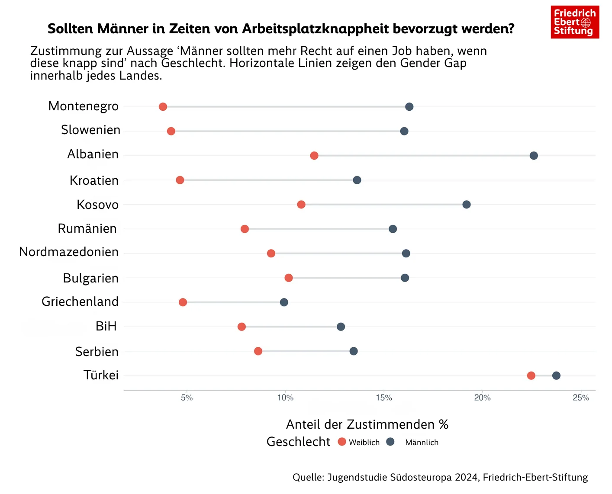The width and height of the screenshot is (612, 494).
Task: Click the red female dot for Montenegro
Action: [x=163, y=107]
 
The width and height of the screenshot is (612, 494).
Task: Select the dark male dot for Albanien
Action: [x=534, y=156]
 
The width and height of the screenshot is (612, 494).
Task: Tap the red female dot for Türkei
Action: [x=531, y=375]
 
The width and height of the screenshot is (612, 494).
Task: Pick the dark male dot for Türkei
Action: [x=556, y=375]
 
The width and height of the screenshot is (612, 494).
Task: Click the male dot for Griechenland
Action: [x=284, y=302]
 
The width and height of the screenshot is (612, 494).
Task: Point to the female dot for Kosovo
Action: [x=301, y=205]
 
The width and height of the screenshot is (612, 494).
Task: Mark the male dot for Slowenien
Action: [x=404, y=131]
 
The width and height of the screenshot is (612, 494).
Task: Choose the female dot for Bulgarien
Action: [x=289, y=278]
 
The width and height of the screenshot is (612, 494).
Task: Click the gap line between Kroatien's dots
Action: [x=268, y=180]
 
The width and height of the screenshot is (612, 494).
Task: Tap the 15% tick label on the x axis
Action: [x=384, y=398]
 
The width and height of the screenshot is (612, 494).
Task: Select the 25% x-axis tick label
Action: [x=581, y=398]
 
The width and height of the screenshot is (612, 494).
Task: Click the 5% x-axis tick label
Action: [x=187, y=398]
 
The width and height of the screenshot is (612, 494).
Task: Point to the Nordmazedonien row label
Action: [x=69, y=252]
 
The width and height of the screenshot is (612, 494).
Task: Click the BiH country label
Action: [x=106, y=326]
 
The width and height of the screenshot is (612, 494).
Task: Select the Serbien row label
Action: [x=97, y=352]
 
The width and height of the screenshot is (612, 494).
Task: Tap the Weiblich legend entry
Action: [x=359, y=442]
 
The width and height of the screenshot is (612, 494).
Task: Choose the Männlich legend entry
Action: [x=416, y=442]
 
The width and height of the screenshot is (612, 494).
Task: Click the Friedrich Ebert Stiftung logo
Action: [x=575, y=22]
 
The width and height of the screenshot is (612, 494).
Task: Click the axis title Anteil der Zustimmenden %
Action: [x=367, y=424]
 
